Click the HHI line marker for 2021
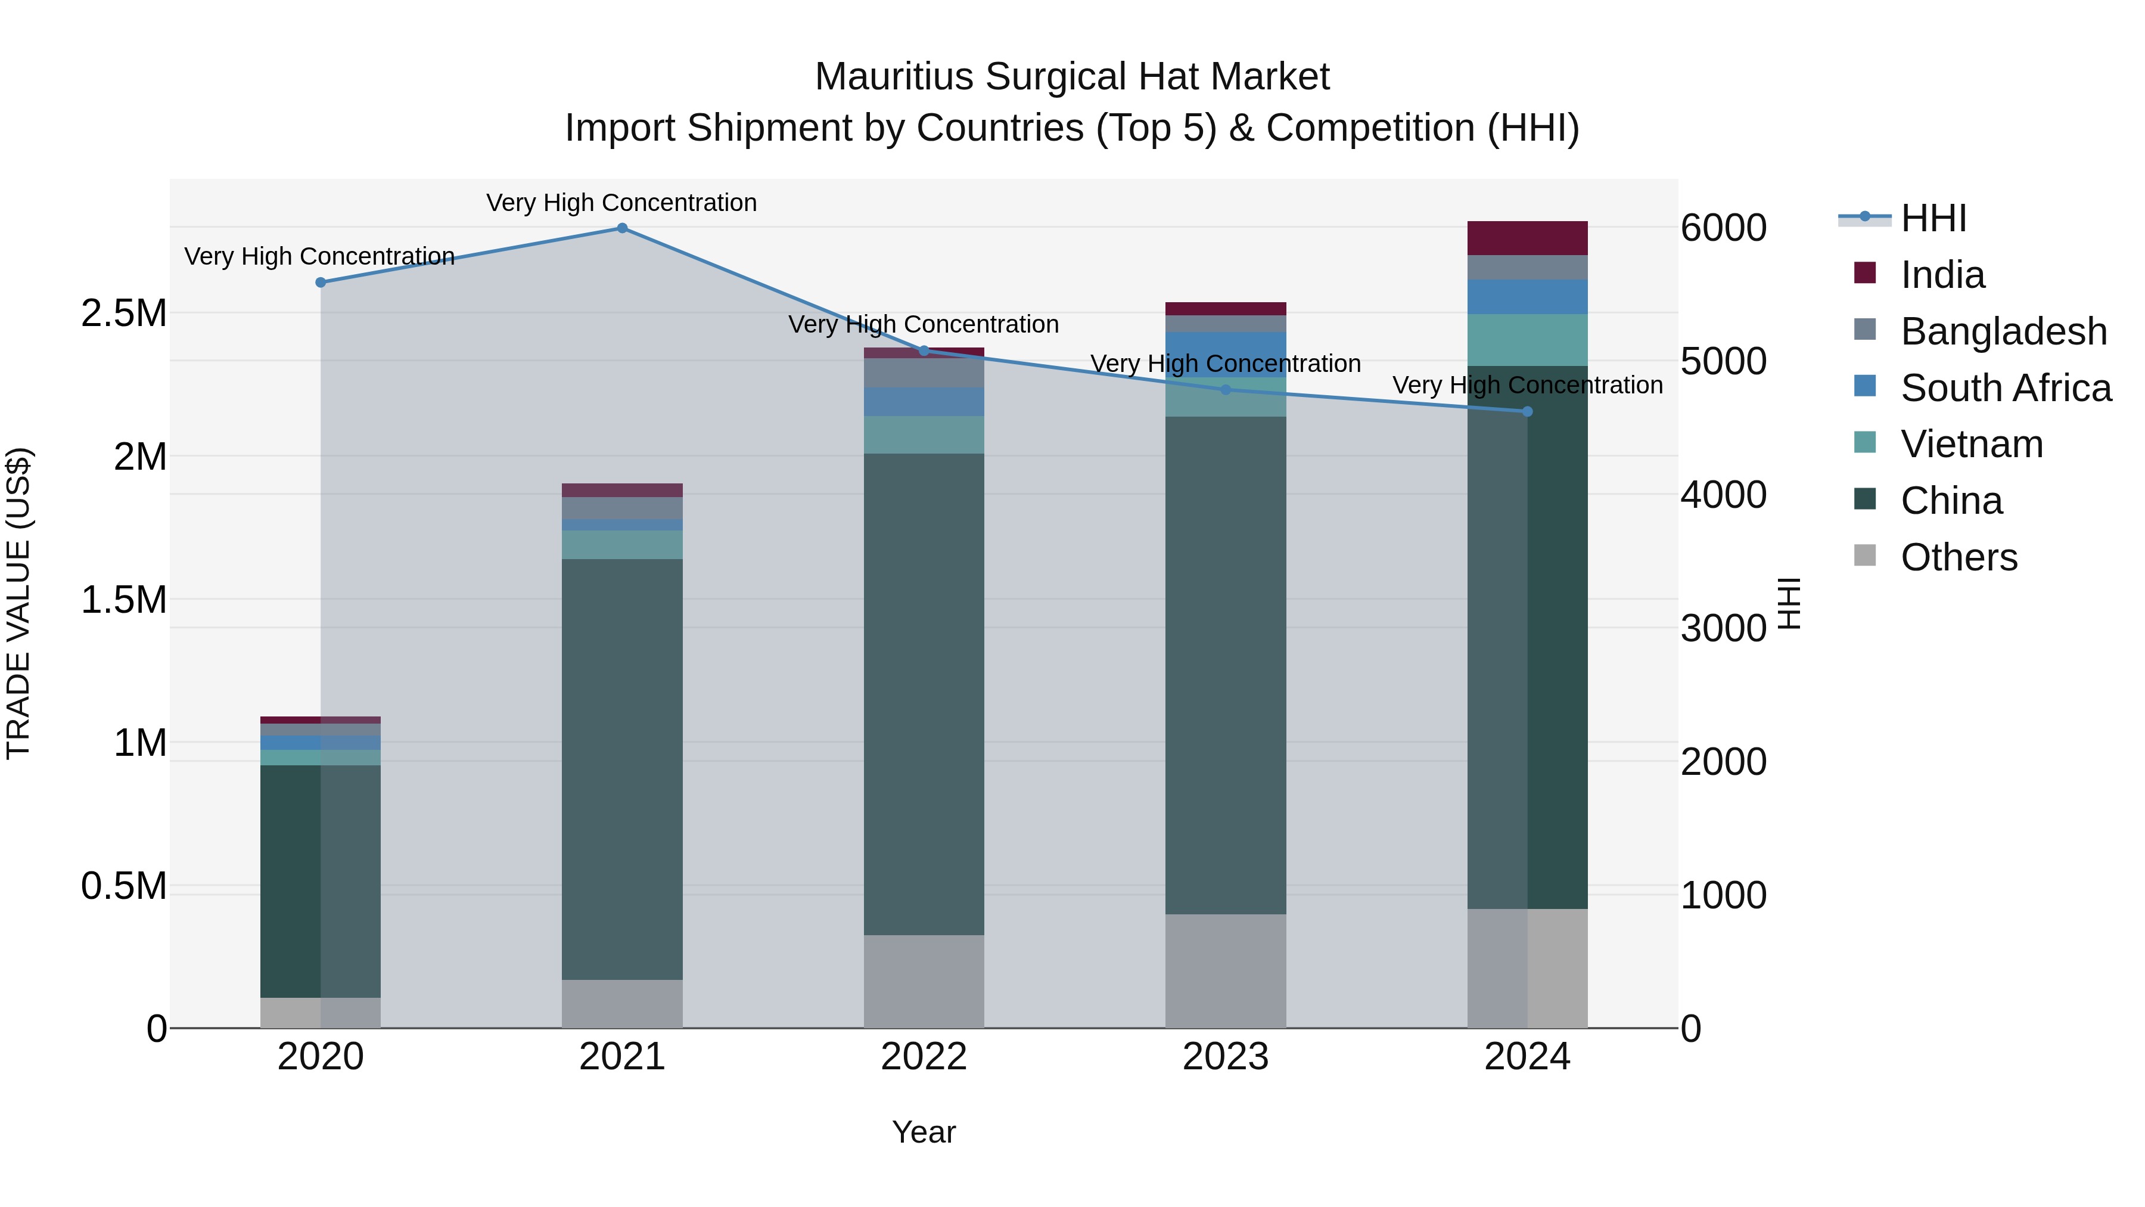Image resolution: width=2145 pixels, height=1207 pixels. coord(622,228)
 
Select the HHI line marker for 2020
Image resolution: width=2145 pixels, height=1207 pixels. coord(321,283)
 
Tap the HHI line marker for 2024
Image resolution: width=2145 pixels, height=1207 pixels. coord(1527,411)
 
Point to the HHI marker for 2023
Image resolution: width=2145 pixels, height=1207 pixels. coord(1225,390)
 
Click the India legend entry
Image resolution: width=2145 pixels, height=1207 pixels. coord(1942,275)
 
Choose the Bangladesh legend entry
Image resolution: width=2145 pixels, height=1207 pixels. coord(2003,331)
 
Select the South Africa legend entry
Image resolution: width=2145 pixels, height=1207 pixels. coord(2005,388)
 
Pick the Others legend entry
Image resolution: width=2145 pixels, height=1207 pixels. coord(1959,557)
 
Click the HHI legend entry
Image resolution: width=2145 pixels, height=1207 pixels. coord(1933,218)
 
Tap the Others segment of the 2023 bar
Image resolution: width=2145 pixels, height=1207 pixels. coord(1225,970)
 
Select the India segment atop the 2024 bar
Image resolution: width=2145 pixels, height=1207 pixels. coord(1527,238)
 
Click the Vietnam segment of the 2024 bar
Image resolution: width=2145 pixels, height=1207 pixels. coord(1527,340)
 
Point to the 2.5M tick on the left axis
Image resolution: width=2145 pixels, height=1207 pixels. coord(123,314)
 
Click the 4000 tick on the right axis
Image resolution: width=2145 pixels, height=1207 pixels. coord(1722,495)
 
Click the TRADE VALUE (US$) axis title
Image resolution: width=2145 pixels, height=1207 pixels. coord(18,603)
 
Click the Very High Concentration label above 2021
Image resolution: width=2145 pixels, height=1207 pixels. coord(621,203)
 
